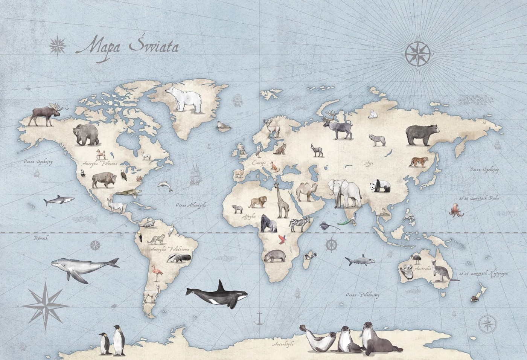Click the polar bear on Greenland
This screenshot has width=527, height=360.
(184, 99)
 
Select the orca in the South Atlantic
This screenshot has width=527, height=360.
(216, 294)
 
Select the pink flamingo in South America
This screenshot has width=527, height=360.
(155, 272)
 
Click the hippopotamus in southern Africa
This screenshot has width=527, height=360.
(272, 256)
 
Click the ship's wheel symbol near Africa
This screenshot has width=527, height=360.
(331, 244)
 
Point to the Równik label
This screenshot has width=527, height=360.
(38, 238)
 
